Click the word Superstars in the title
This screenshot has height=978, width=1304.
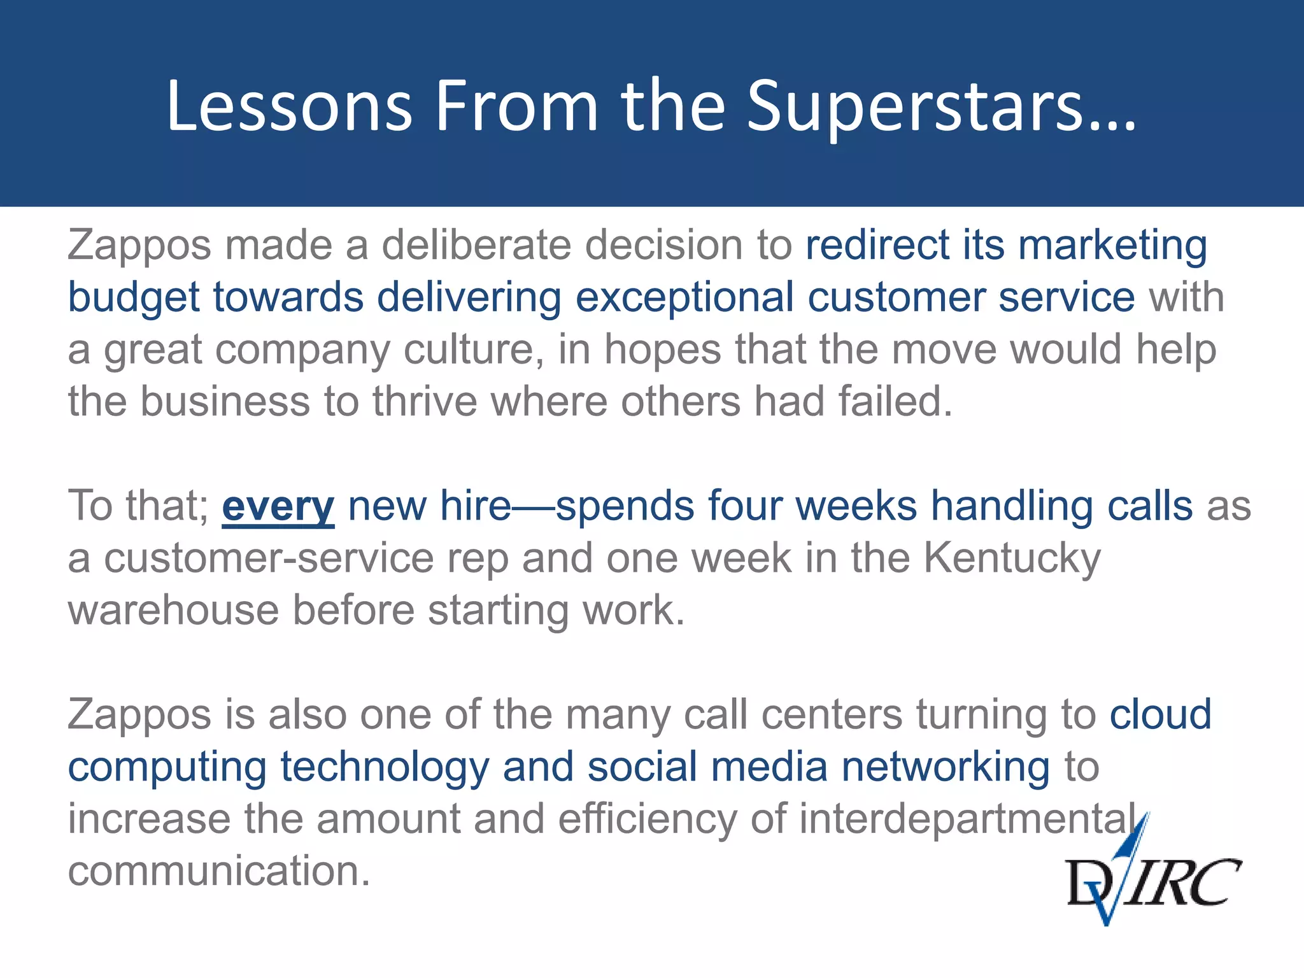(941, 108)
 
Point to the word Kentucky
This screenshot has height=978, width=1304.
(1012, 558)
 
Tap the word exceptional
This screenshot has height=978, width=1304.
(684, 298)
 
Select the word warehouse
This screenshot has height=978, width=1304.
(173, 611)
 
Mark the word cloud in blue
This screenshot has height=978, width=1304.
(1160, 714)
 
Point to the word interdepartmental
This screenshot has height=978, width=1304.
(968, 819)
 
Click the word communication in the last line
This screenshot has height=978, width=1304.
(218, 871)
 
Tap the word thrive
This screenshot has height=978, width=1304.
(425, 402)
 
